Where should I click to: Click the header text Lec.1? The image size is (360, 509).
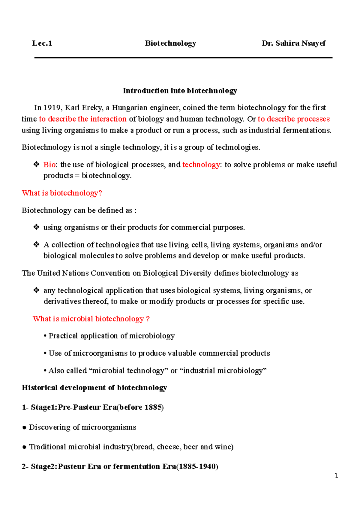tap(42, 43)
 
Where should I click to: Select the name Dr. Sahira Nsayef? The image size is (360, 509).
tap(293, 43)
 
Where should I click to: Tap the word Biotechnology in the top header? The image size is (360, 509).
tap(170, 43)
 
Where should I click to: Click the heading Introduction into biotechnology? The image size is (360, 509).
tap(180, 91)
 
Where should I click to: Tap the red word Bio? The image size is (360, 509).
tap(49, 165)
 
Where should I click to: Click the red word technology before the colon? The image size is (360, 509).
tap(201, 165)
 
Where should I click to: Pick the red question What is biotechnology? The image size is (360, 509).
tap(62, 193)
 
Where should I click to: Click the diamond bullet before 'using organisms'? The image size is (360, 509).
tap(36, 227)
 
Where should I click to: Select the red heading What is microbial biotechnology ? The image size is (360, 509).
tap(91, 319)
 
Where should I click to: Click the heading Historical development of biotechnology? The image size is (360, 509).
tap(94, 388)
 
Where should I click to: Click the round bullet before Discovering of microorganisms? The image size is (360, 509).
tap(24, 428)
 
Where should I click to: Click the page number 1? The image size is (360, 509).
tap(336, 475)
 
